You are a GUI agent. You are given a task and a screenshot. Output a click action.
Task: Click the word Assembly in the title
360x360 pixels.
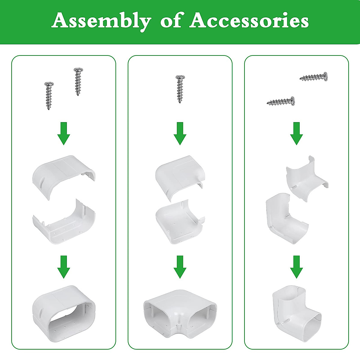coord(101,21)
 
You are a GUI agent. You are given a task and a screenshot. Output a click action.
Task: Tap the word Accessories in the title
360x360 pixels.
coord(249,21)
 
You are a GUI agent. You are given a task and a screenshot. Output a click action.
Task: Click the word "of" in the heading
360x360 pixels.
coord(170,21)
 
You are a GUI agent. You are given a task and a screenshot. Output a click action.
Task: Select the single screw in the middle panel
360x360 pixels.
coord(180,89)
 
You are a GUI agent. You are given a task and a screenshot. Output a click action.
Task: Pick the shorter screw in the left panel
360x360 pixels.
coord(49,95)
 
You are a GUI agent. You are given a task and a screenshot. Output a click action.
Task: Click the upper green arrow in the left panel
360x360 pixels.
coord(64,133)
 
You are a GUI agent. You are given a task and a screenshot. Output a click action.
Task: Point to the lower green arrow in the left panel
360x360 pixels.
coord(64,267)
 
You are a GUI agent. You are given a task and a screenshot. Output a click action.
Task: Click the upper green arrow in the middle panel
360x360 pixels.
coord(180,133)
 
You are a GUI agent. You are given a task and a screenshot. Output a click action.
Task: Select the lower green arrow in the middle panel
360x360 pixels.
coord(180,267)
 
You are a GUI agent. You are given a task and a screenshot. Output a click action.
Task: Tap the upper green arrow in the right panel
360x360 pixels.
coord(296,133)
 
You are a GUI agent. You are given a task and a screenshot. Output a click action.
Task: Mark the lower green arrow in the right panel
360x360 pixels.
coord(296,267)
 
